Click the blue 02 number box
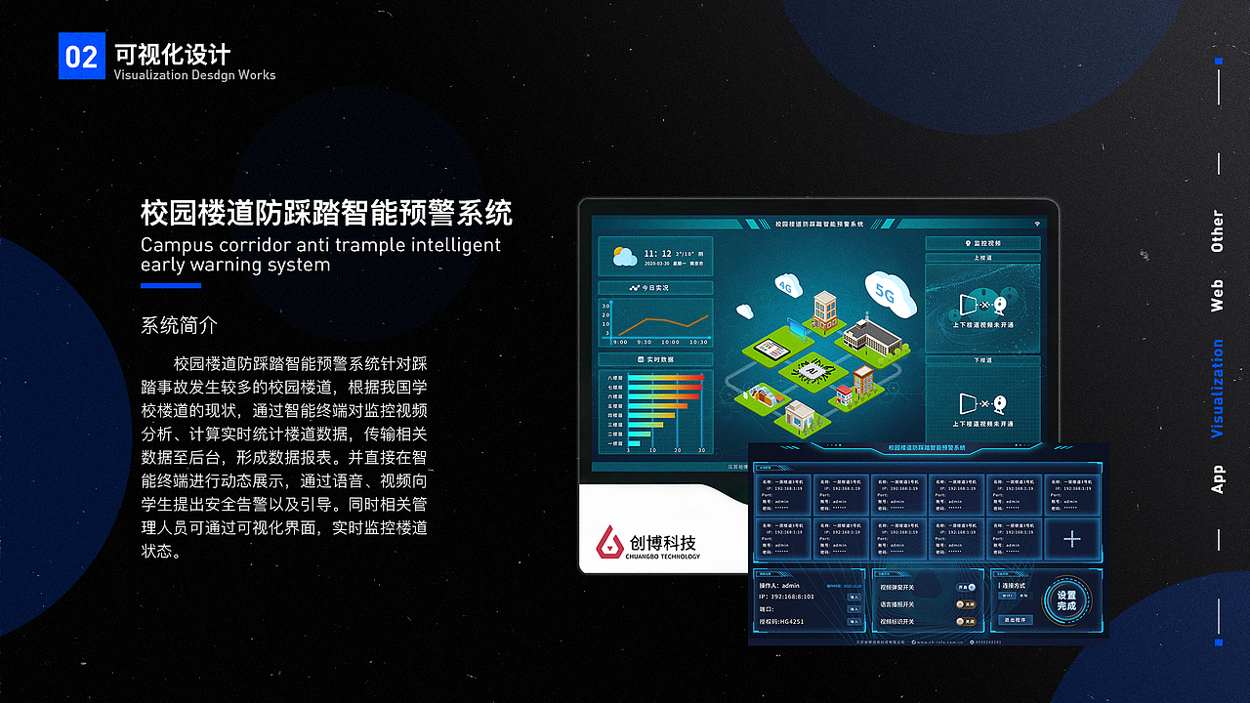click(81, 56)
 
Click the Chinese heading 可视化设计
click(172, 53)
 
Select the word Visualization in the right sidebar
click(1217, 389)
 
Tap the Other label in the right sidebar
click(1217, 231)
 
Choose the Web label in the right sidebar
click(1217, 295)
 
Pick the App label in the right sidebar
click(1217, 478)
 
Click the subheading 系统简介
click(180, 325)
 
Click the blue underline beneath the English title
click(171, 286)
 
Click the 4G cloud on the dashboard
click(785, 285)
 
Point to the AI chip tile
click(810, 370)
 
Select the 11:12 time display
click(657, 253)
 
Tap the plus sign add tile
click(1072, 539)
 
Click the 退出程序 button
click(1017, 620)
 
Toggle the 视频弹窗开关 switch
click(965, 588)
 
